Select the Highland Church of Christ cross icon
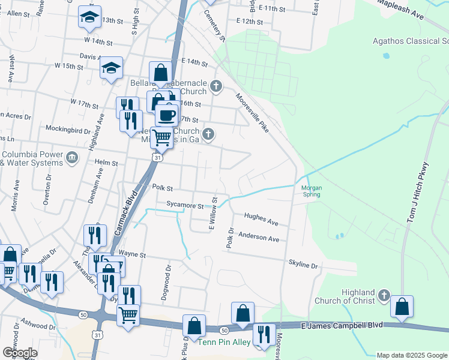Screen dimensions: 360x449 (x=384, y=296)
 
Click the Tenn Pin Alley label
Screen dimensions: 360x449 (x=224, y=342)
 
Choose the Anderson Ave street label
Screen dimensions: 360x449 (x=259, y=238)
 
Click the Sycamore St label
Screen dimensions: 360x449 (x=185, y=206)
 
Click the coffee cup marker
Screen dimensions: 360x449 (x=167, y=115)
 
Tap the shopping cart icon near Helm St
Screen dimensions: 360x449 (x=161, y=137)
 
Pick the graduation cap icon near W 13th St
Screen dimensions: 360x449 (x=89, y=18)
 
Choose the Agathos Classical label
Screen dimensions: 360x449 (x=410, y=41)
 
